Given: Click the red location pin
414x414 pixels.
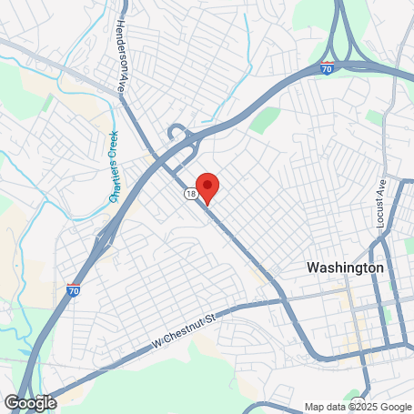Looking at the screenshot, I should click(207, 187).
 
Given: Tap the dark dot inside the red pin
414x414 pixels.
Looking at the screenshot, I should click(207, 184).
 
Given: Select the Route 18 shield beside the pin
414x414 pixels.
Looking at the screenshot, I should click(188, 194).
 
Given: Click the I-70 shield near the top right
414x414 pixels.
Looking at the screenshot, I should click(328, 67).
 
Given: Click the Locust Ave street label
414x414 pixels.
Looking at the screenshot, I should click(382, 203).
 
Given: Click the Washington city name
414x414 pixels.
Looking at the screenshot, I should click(345, 268).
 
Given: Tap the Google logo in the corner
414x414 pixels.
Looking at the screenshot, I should click(30, 402).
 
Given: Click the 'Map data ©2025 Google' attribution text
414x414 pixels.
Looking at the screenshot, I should click(357, 407).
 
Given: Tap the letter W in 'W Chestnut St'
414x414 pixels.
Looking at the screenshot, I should click(157, 347).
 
